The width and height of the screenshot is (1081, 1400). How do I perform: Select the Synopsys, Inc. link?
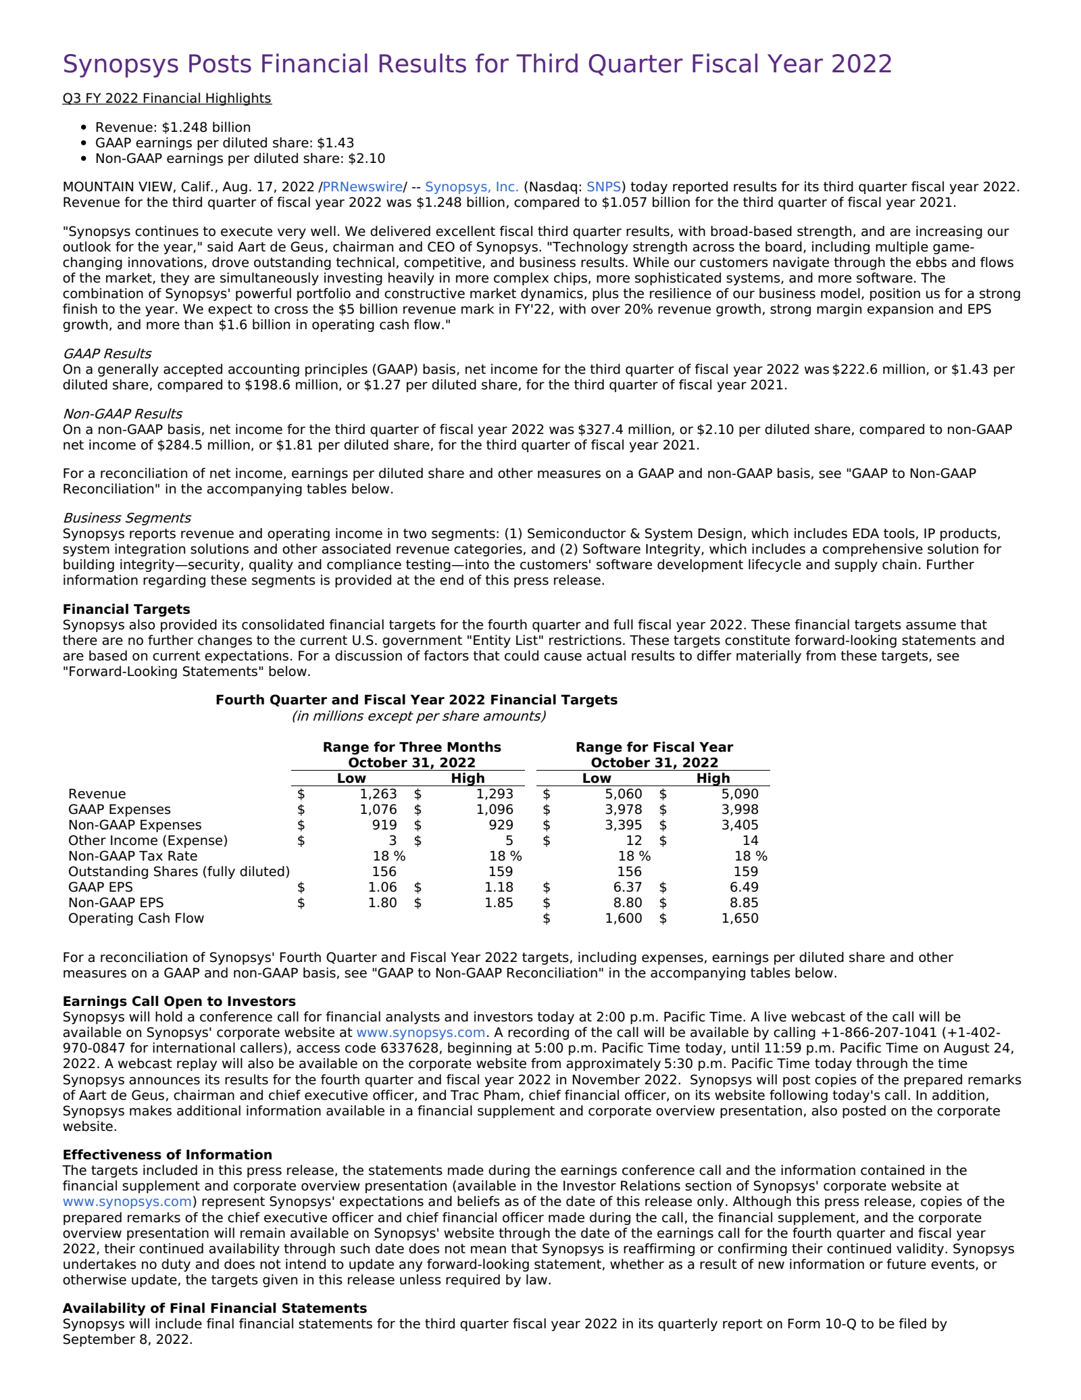[472, 187]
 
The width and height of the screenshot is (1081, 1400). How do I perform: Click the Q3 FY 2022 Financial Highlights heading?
[167, 98]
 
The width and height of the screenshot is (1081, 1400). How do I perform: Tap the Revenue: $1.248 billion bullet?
[172, 127]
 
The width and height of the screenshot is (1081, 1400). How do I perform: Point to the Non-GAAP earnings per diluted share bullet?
[240, 159]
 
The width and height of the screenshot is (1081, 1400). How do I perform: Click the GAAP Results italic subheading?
[107, 354]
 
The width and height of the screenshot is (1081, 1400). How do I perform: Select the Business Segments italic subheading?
[126, 518]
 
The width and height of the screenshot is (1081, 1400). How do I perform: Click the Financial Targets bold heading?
[126, 609]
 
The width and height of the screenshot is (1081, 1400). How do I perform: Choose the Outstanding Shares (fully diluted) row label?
[178, 871]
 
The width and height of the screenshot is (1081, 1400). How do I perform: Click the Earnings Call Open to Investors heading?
[179, 1001]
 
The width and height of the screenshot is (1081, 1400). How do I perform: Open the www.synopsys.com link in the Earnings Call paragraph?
[420, 1032]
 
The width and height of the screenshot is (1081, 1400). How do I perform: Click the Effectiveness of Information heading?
[167, 1155]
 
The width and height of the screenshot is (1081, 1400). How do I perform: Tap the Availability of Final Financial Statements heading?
[214, 1308]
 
